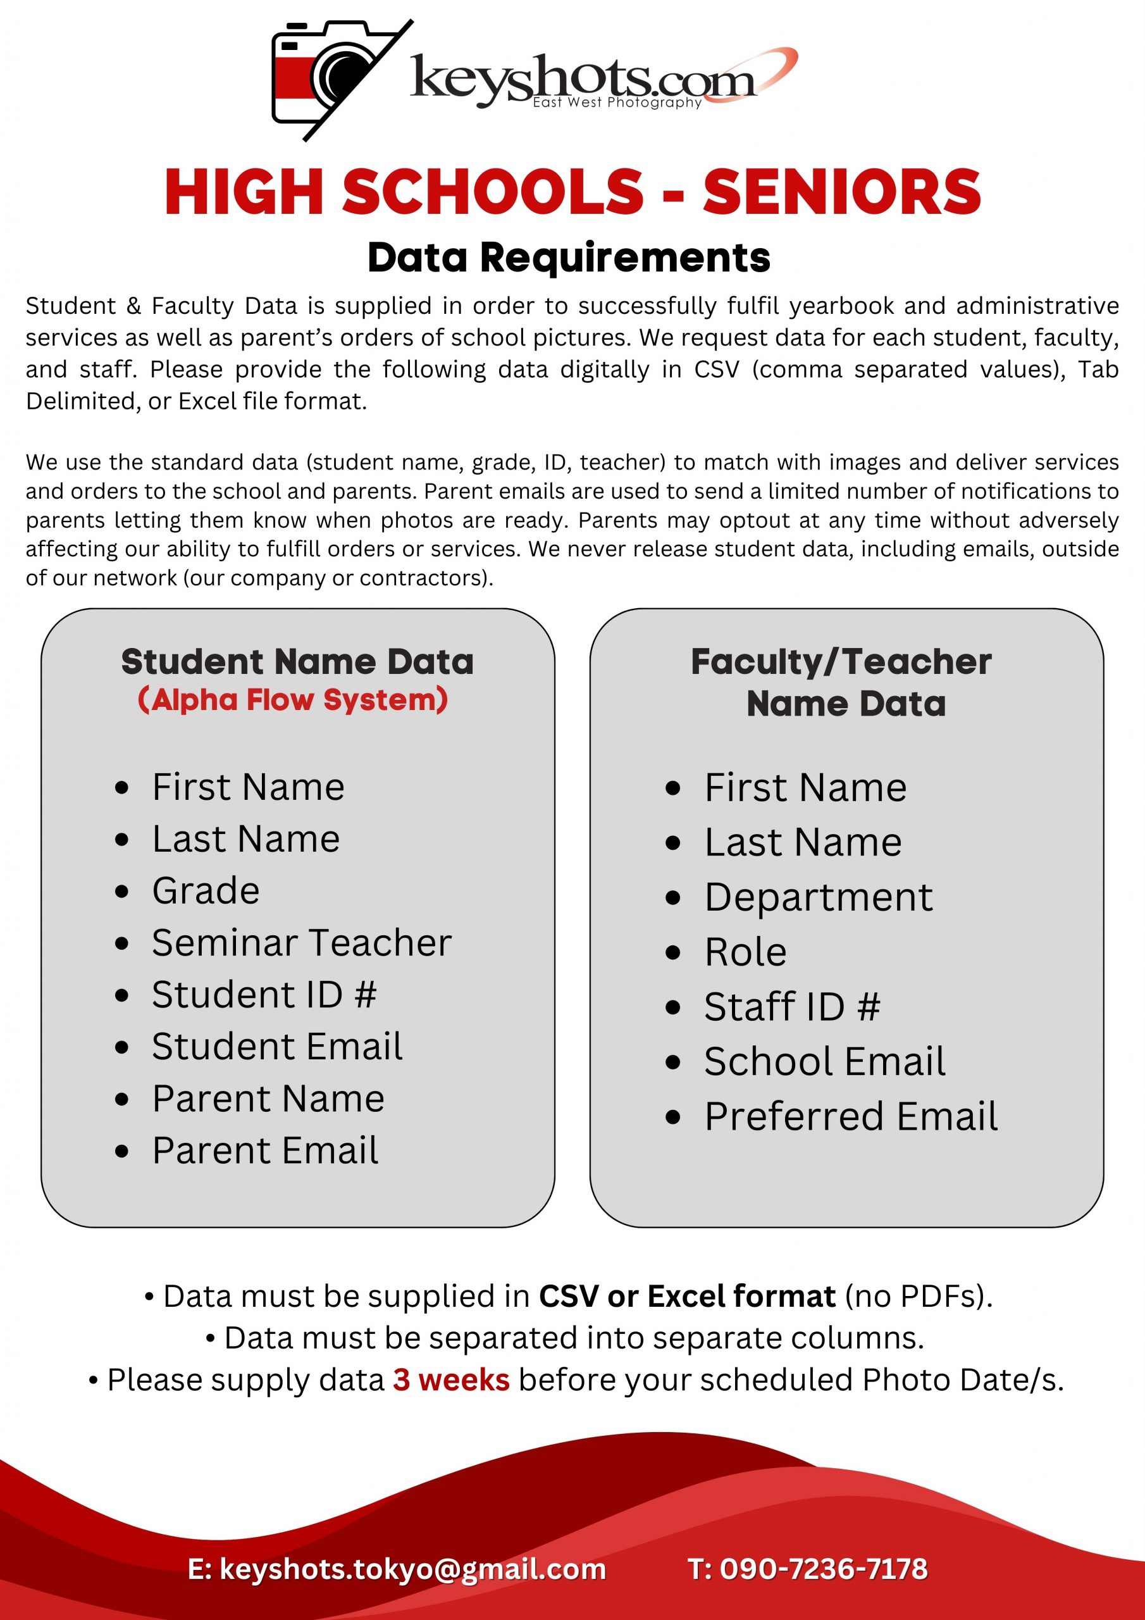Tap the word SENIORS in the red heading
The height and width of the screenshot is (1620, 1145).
coord(841,192)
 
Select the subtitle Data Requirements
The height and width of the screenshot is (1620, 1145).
coord(569,258)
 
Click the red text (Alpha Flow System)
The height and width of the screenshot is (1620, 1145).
coord(293,700)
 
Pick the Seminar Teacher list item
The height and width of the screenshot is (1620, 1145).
coord(301,943)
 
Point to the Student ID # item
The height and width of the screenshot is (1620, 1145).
coord(264,994)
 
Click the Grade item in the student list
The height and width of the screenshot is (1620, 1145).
coord(206,890)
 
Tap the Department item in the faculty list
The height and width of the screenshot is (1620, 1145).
coord(819,897)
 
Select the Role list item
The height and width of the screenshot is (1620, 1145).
coord(746,952)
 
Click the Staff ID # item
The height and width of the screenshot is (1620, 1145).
coord(792,1006)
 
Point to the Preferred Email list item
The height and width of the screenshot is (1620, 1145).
coord(851,1116)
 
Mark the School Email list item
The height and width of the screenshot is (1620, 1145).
coord(825,1061)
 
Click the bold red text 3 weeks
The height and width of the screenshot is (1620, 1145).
coord(452,1380)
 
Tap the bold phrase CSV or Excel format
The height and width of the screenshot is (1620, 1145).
coord(687,1297)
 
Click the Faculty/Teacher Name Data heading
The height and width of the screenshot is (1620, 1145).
coord(841,682)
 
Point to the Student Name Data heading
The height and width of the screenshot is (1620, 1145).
coord(297,662)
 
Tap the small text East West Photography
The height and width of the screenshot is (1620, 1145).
coord(617,103)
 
